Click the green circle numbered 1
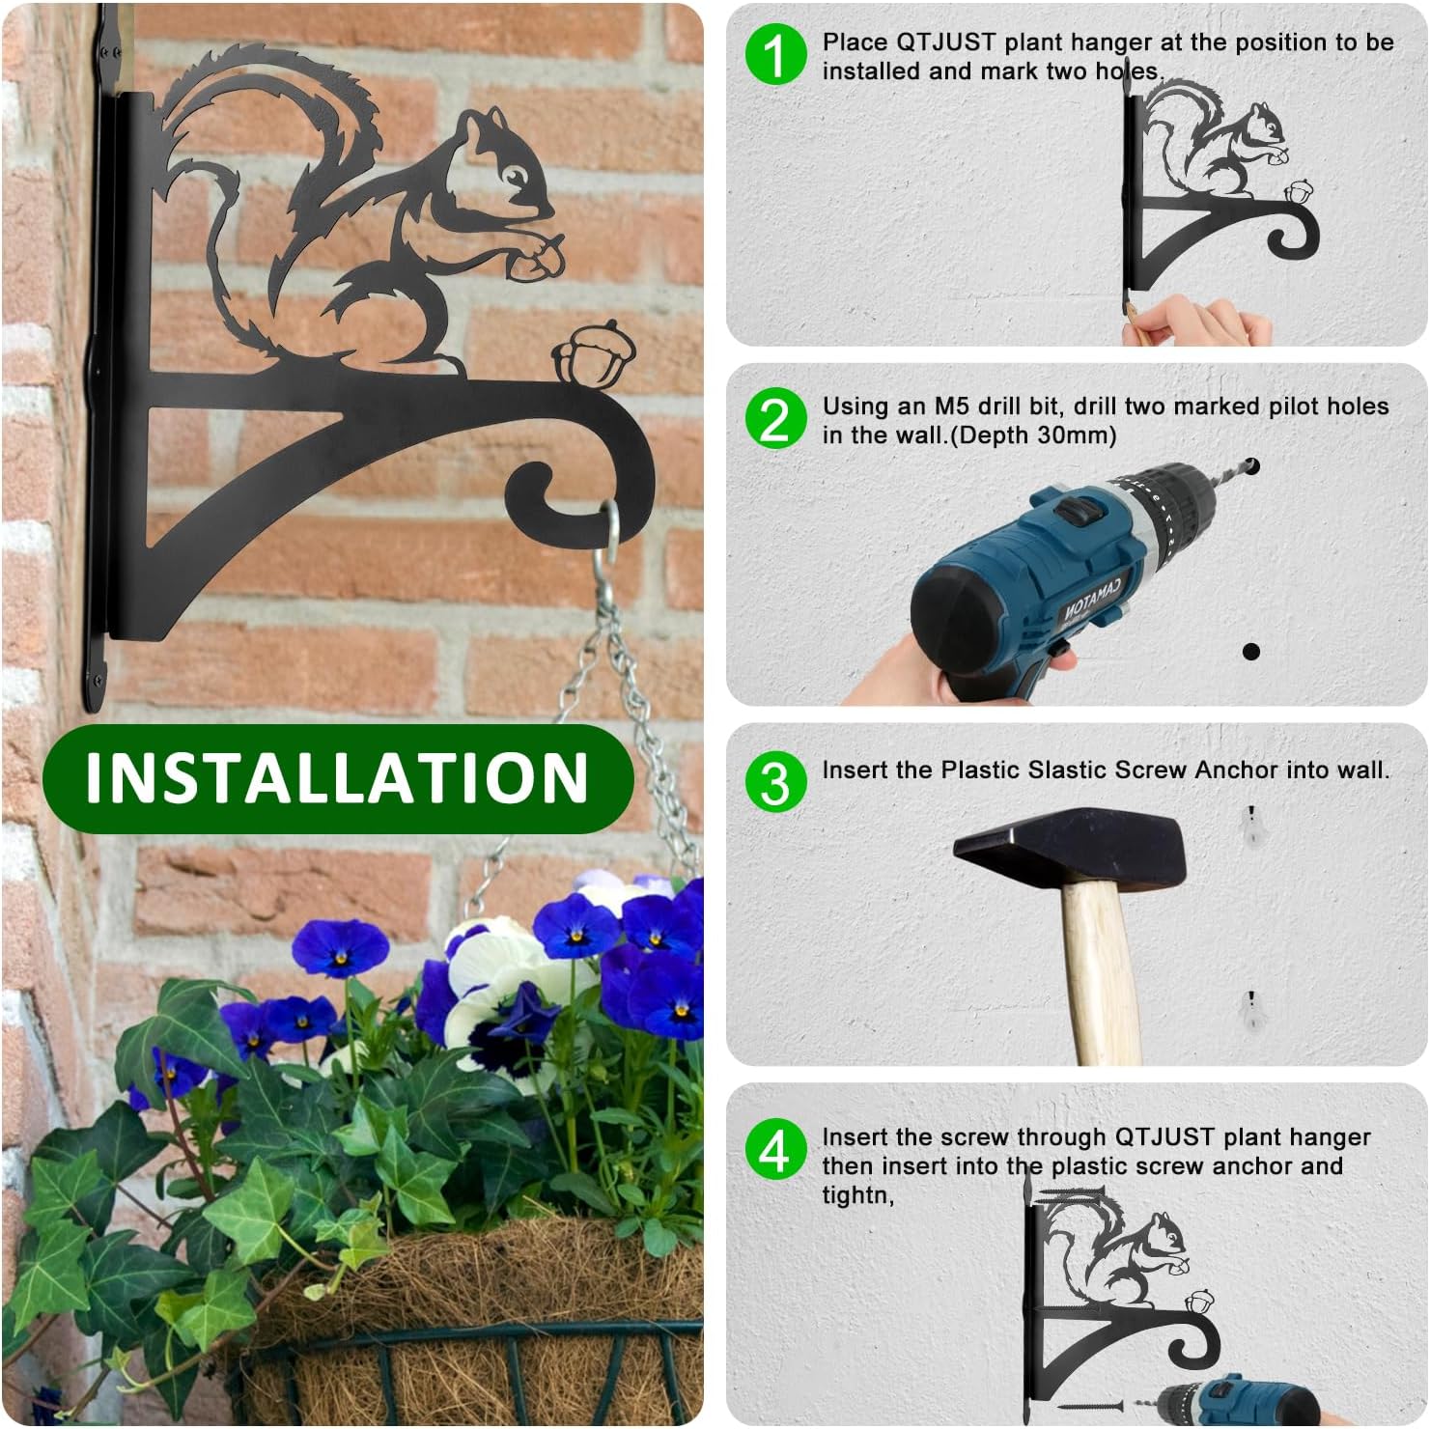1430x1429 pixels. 774,55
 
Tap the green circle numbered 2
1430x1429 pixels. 774,419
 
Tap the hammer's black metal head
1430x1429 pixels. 1070,851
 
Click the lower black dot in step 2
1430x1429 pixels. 1251,652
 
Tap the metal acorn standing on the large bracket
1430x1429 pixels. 580,357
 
